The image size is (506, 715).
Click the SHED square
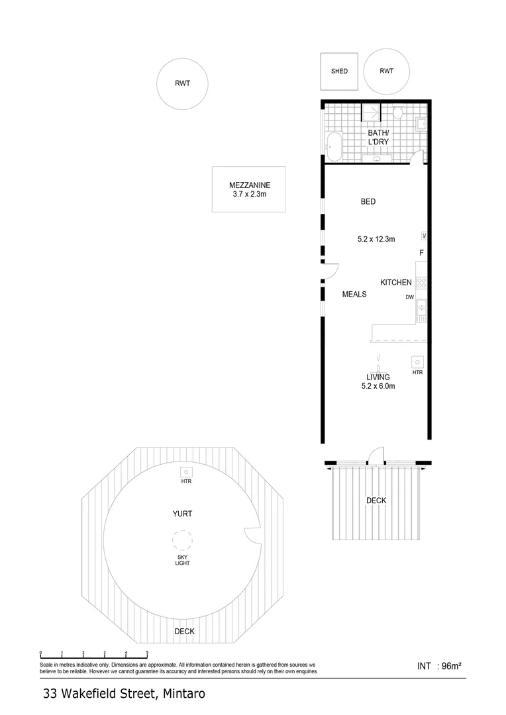[x=339, y=71]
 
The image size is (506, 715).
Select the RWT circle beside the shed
[x=386, y=71]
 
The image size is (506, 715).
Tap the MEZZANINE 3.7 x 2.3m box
[x=249, y=189]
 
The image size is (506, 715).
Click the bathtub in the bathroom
[x=333, y=146]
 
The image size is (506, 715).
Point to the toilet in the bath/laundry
[x=397, y=113]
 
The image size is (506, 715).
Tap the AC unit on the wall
[x=423, y=236]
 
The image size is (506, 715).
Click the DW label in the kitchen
[x=410, y=297]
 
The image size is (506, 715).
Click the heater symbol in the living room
[x=417, y=362]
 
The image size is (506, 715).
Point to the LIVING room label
[x=378, y=377]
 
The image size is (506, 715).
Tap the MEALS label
[x=354, y=294]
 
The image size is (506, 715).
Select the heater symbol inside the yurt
[x=186, y=472]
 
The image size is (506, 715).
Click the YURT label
[x=182, y=513]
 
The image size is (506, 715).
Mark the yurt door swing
[x=252, y=537]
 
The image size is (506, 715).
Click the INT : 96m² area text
[x=439, y=667]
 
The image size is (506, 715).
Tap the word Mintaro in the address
[x=182, y=694]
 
